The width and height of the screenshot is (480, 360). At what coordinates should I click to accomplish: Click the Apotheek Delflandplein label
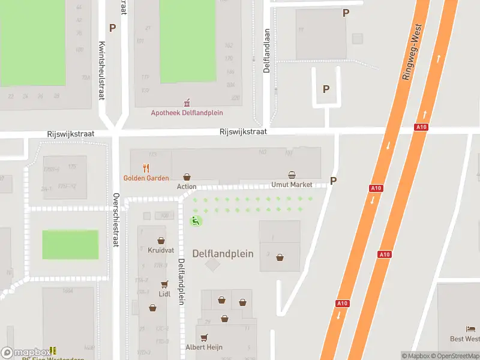187,112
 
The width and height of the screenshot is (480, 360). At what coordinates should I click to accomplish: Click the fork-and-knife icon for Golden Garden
145,168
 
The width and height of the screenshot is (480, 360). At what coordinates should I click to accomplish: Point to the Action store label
187,187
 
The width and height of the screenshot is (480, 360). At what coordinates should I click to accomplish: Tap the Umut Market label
292,184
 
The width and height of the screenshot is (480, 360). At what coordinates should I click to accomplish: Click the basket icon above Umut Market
292,175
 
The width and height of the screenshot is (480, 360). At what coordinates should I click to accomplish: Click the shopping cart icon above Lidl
164,284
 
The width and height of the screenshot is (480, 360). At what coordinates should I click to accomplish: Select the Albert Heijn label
204,346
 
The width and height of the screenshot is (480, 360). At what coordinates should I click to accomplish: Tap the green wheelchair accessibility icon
196,221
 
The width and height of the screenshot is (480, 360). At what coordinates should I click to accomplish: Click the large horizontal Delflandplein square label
223,254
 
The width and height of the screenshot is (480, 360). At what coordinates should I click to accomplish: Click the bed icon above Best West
471,329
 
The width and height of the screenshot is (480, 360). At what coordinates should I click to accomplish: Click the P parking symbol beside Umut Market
334,181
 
